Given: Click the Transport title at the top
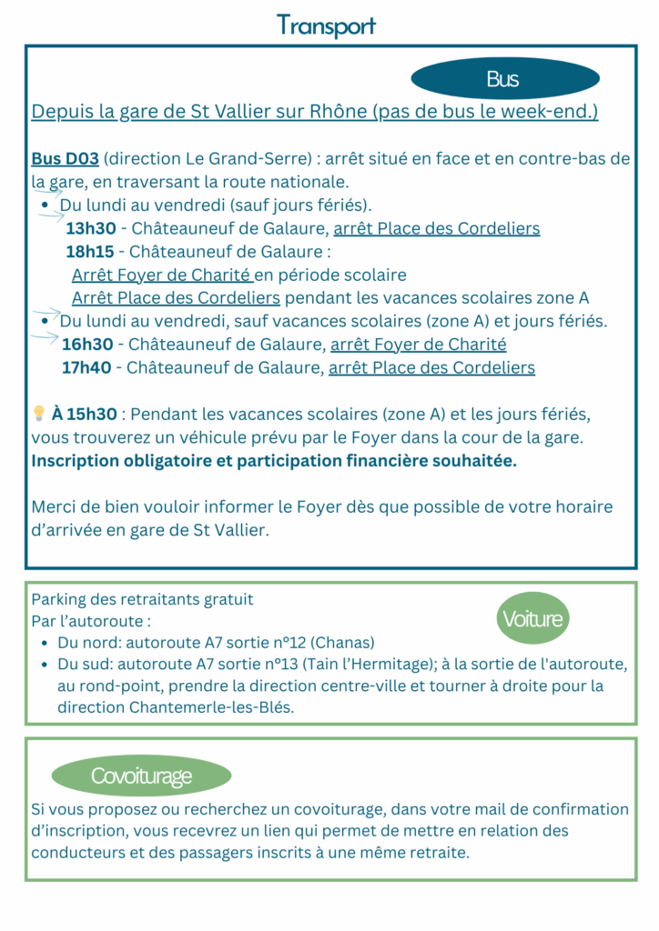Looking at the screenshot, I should [326, 25].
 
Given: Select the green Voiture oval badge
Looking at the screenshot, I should [533, 620].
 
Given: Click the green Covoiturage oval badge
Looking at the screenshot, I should [141, 776].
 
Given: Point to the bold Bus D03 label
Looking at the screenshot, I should [66, 158].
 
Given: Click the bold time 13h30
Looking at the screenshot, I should [90, 228].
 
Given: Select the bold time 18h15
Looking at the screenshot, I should [90, 251].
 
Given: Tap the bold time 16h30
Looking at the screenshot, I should [87, 345].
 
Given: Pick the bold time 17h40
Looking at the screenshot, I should [87, 368].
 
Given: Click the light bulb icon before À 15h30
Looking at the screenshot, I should [39, 414].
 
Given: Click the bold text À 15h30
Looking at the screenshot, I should [85, 415].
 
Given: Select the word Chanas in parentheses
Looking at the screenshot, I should [342, 642].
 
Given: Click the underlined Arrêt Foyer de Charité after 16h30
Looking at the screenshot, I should [418, 345].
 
